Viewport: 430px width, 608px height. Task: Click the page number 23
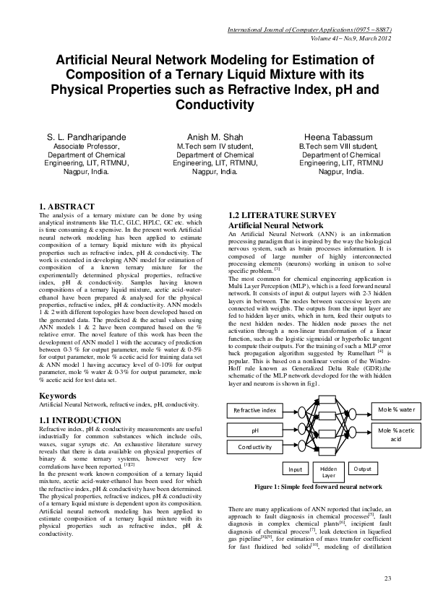[387, 578]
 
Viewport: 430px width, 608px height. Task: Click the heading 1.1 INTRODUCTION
[79, 420]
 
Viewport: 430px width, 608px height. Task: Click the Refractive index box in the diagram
[254, 411]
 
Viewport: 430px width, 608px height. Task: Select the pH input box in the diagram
[254, 430]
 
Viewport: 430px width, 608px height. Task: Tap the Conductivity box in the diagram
[254, 447]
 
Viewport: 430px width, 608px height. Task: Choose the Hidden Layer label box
[328, 472]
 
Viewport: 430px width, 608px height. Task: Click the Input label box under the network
[291, 469]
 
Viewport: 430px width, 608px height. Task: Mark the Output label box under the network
[361, 469]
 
